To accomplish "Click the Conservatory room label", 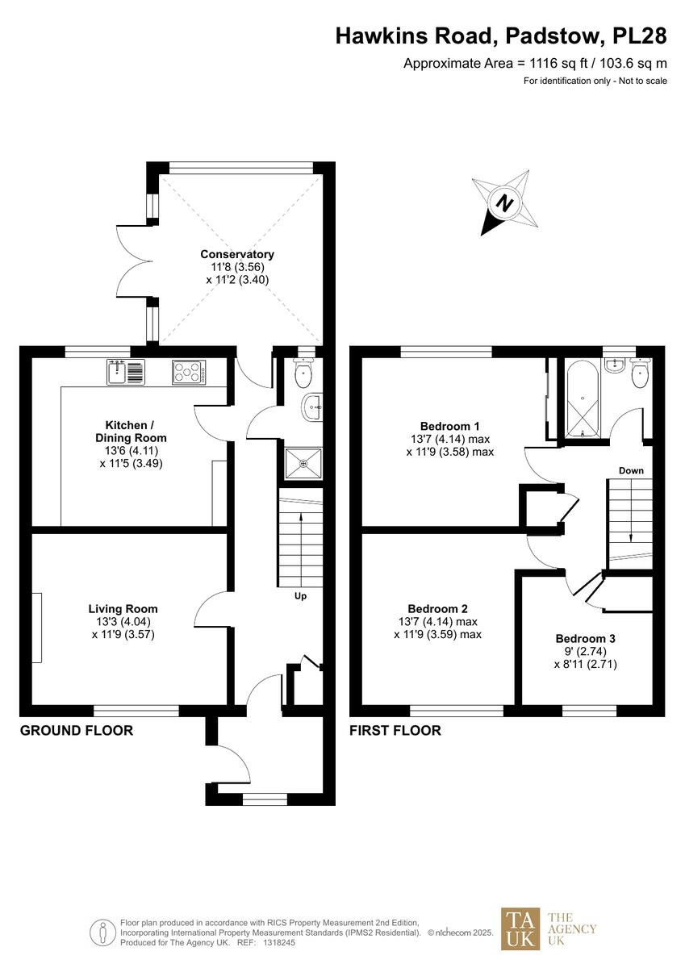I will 237,254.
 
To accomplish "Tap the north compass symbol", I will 505,202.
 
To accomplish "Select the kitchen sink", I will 124,372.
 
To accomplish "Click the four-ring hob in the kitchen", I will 189,372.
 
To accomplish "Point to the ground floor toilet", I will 303,373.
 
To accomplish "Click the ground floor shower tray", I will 303,464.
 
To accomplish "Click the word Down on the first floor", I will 631,470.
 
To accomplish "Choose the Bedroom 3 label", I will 585,638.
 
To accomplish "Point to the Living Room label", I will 123,609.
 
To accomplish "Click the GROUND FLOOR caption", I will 77,731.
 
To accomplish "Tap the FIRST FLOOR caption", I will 395,731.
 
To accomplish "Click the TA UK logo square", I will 520,928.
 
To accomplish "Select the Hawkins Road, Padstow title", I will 501,35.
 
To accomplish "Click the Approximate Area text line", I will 535,64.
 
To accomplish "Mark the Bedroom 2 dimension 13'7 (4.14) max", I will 438,622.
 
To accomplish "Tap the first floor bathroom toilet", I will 641,374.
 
